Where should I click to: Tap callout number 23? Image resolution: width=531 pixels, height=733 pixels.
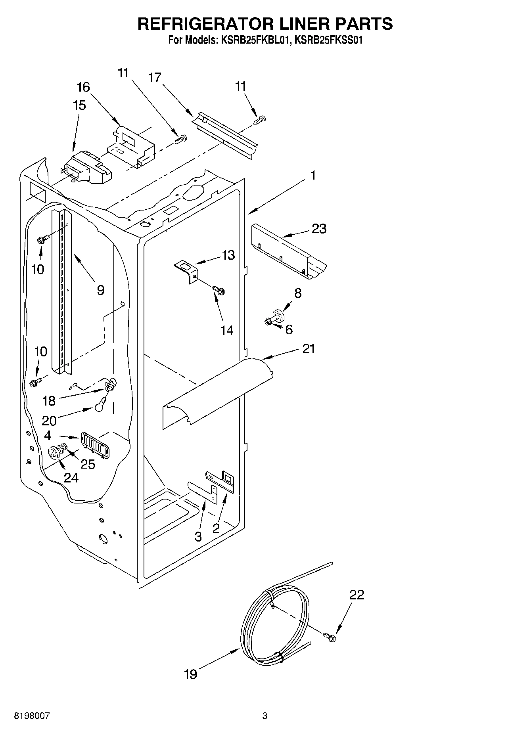pyautogui.click(x=319, y=229)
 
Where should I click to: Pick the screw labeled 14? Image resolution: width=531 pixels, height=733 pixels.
pyautogui.click(x=218, y=290)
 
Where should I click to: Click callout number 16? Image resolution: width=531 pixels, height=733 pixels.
pyautogui.click(x=83, y=87)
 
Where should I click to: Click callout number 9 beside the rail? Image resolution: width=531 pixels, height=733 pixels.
pyautogui.click(x=100, y=290)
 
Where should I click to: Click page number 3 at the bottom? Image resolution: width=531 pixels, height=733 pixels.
pyautogui.click(x=265, y=716)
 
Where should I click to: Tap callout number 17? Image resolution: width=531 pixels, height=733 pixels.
pyautogui.click(x=155, y=78)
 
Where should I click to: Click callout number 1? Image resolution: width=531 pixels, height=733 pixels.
pyautogui.click(x=313, y=175)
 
